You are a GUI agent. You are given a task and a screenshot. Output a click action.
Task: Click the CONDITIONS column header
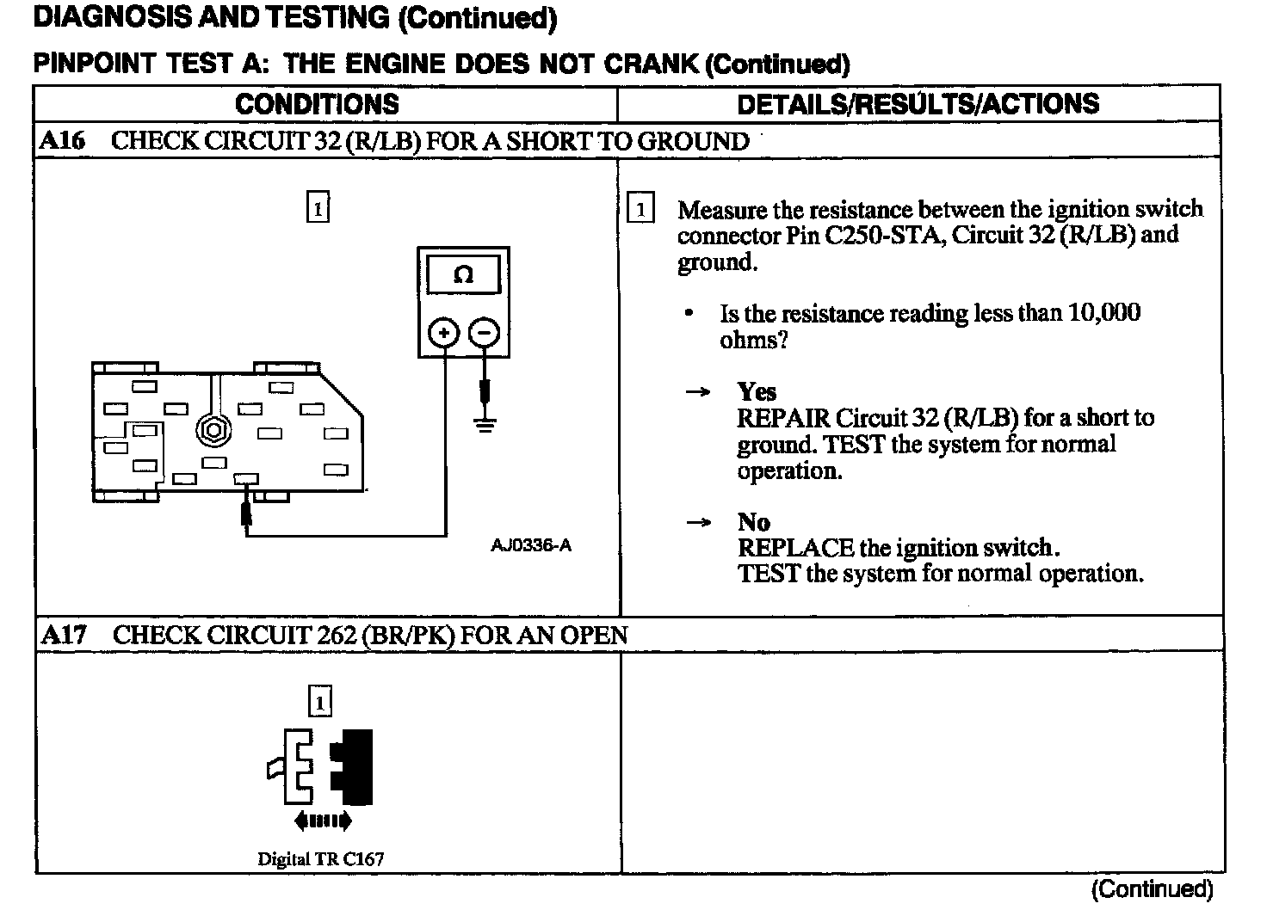317,104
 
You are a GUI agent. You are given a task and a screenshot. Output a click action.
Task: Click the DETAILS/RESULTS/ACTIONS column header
918,104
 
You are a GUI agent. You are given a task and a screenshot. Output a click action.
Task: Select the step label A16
63,141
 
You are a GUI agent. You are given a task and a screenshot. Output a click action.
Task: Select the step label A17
64,636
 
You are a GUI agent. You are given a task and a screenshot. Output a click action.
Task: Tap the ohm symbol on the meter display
463,275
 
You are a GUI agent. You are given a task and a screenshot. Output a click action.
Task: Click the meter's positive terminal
444,333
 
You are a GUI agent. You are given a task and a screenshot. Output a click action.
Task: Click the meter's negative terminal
485,333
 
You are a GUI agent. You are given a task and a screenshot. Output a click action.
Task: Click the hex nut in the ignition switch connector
212,428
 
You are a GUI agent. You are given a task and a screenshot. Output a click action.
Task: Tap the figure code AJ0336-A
531,545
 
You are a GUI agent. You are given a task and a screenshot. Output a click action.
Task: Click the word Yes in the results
757,392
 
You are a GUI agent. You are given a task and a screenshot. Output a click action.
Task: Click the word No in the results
753,522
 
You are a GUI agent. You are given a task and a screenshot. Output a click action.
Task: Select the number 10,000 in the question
1104,312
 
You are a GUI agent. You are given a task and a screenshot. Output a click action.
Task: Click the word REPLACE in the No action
795,548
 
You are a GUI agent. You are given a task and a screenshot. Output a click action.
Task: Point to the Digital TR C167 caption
320,858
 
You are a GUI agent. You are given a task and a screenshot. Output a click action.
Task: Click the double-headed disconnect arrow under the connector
322,821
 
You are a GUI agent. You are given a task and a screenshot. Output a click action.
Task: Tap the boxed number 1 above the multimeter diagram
318,207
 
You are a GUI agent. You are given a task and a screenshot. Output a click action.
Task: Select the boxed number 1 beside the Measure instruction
640,209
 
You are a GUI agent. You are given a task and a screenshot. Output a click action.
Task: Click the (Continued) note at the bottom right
1152,888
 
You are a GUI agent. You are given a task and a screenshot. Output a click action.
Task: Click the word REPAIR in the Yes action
783,418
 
